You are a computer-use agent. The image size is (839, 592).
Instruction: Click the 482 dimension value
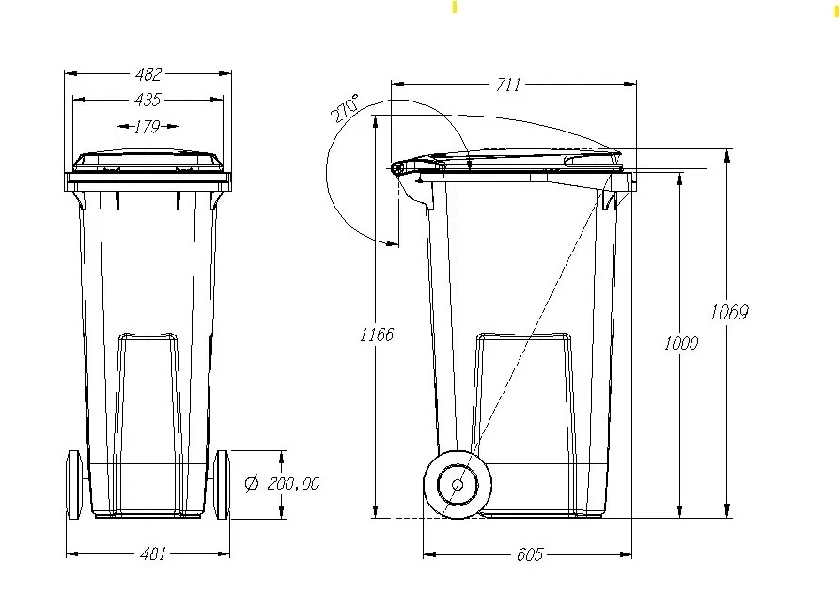(x=148, y=73)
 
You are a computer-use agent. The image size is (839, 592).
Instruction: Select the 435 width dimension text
(x=148, y=100)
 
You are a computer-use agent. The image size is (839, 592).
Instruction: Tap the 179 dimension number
(x=148, y=127)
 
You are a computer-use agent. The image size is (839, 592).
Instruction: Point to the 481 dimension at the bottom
(x=151, y=553)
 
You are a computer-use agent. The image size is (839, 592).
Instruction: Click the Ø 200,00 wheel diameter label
(x=282, y=483)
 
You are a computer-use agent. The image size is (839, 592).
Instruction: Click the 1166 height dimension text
(x=377, y=335)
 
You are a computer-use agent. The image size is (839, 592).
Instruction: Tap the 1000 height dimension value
(x=680, y=343)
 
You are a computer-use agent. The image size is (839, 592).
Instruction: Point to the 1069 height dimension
(x=729, y=312)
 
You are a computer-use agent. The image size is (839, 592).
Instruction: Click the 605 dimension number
(x=530, y=554)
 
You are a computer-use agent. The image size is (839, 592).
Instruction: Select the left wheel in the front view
(x=74, y=484)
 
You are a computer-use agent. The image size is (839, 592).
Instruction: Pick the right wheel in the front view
(x=223, y=484)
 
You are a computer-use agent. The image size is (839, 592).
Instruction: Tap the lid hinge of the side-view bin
(x=401, y=168)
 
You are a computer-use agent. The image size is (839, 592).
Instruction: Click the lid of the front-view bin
(x=148, y=159)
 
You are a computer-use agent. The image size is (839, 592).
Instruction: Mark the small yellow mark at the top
(x=455, y=8)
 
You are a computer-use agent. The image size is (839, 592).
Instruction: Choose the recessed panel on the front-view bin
(x=148, y=413)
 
